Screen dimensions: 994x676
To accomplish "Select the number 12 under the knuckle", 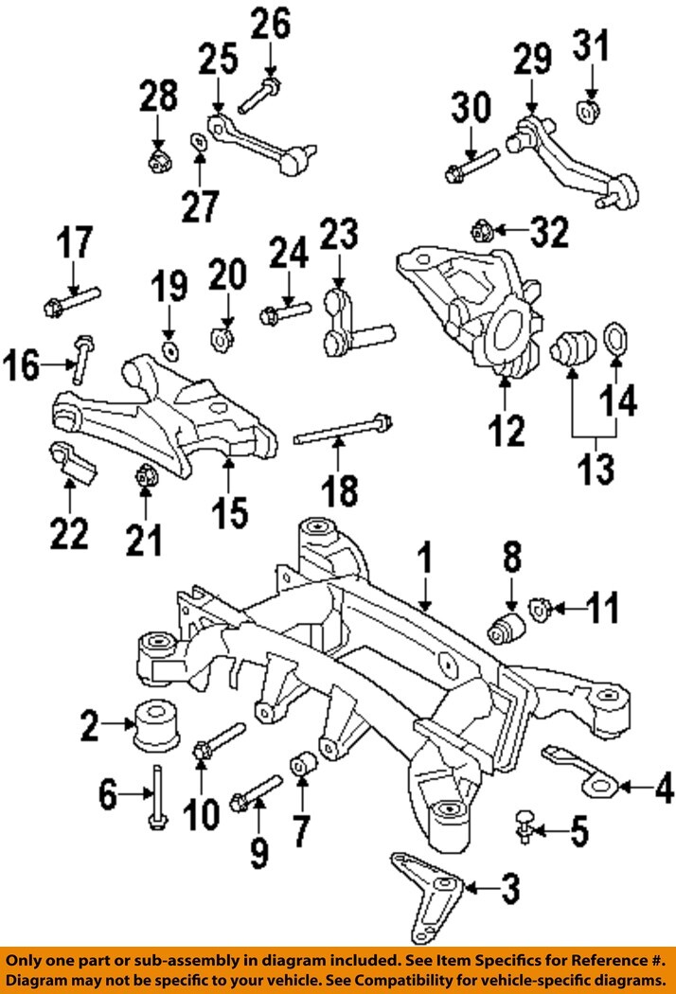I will (x=507, y=432).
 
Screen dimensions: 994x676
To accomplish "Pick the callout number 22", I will (x=68, y=534).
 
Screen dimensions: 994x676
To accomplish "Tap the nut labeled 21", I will (x=147, y=474).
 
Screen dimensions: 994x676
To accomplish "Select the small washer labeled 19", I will (x=170, y=352).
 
